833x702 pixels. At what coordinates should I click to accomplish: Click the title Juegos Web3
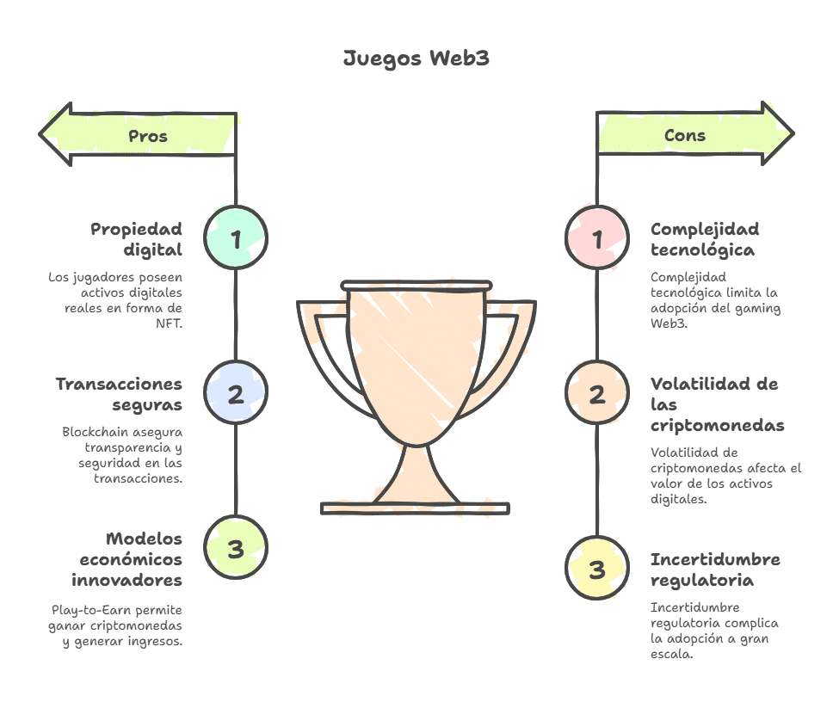pyautogui.click(x=416, y=58)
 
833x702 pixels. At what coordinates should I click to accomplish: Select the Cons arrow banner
pyautogui.click(x=688, y=135)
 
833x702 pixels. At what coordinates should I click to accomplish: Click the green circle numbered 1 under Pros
pyautogui.click(x=236, y=238)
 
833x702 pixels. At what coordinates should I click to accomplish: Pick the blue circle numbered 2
pyautogui.click(x=236, y=394)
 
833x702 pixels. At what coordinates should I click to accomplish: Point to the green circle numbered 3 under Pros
pyautogui.click(x=236, y=549)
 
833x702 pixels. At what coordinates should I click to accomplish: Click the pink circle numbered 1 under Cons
pyautogui.click(x=597, y=238)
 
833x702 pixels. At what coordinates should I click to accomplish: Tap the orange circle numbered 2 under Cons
pyautogui.click(x=597, y=394)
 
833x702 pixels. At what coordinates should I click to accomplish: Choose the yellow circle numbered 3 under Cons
pyautogui.click(x=597, y=569)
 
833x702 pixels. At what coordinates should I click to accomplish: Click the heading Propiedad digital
pyautogui.click(x=137, y=239)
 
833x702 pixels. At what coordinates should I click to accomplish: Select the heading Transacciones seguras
pyautogui.click(x=120, y=394)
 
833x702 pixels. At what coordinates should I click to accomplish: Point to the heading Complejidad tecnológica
pyautogui.click(x=705, y=239)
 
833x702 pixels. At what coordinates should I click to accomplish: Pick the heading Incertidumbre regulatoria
pyautogui.click(x=715, y=570)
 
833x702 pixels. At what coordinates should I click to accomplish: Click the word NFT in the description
pyautogui.click(x=169, y=323)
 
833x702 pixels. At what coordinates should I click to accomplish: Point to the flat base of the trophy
pyautogui.click(x=416, y=508)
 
